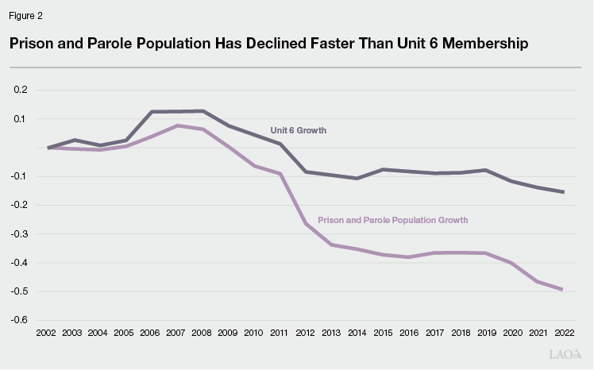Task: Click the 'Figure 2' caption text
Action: (x=25, y=16)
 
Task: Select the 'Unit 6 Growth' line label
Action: (x=299, y=130)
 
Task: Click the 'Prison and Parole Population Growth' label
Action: (x=392, y=220)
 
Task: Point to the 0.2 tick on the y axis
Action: (x=20, y=90)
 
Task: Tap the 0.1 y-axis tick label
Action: (x=20, y=119)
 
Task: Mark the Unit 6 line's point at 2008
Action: (x=202, y=111)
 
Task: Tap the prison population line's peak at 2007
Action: (x=177, y=125)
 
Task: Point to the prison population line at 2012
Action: (x=306, y=224)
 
